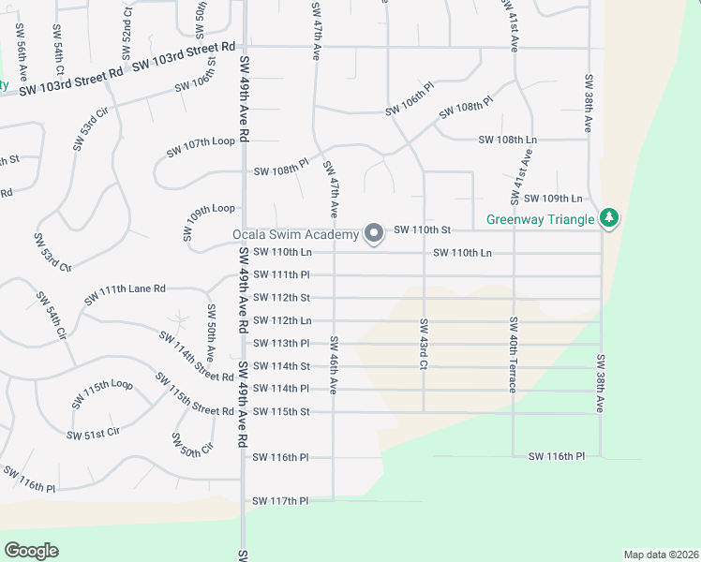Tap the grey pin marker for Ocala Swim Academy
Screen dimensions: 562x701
click(374, 232)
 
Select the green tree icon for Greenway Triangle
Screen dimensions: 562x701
click(610, 218)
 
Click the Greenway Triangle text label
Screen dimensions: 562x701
click(541, 221)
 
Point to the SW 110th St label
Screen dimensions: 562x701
click(423, 229)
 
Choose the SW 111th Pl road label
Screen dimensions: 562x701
click(280, 274)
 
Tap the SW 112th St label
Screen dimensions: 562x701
click(280, 298)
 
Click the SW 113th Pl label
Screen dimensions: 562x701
click(280, 344)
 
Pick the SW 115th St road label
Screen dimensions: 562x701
click(280, 412)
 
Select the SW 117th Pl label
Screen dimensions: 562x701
click(280, 502)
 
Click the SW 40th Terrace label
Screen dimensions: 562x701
click(514, 354)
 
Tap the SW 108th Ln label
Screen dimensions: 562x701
click(507, 140)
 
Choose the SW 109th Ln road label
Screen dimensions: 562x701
click(553, 199)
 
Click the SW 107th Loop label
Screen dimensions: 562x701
click(200, 148)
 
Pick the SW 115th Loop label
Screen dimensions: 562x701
click(102, 393)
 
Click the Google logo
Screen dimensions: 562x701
click(31, 551)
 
